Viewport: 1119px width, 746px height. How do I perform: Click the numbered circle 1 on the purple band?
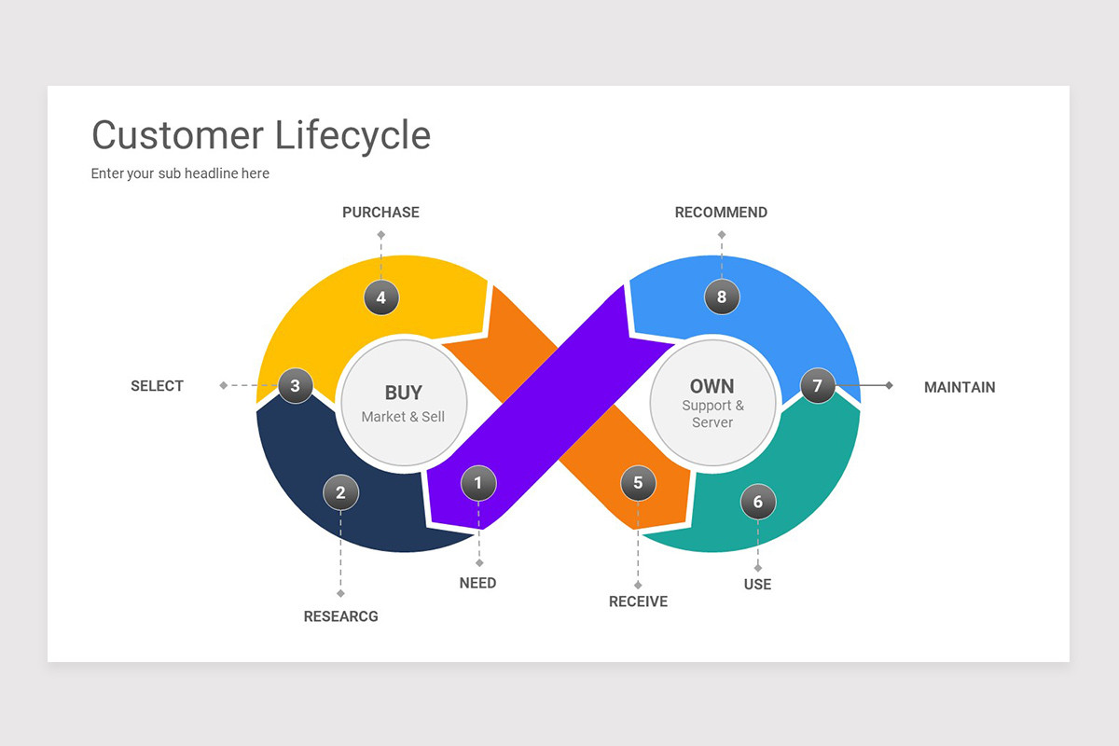click(x=478, y=483)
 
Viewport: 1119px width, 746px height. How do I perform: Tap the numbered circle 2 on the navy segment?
click(x=340, y=492)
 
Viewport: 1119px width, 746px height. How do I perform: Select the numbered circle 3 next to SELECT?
click(x=295, y=385)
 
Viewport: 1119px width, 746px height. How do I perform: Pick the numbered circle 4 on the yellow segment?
click(x=380, y=298)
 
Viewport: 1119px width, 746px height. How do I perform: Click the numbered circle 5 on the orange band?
click(x=638, y=483)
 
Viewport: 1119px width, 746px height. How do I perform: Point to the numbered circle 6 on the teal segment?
click(x=757, y=502)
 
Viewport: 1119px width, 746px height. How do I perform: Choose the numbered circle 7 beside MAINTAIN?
click(x=817, y=385)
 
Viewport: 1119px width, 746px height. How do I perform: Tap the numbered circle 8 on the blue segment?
click(x=721, y=297)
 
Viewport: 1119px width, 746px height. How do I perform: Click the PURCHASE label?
click(x=380, y=213)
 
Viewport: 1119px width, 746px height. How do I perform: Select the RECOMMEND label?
click(x=721, y=213)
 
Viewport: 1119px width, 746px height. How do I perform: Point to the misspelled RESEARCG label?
click(x=340, y=616)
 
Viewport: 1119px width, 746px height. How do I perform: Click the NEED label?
click(x=477, y=583)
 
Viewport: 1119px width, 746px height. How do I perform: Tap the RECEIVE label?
click(x=638, y=601)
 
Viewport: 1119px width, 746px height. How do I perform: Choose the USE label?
click(x=757, y=585)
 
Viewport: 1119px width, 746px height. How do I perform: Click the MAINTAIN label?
click(x=959, y=387)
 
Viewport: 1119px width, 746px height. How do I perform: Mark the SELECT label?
click(x=157, y=386)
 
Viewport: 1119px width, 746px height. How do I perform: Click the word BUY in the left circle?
click(x=403, y=393)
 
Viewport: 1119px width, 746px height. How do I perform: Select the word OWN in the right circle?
click(x=711, y=386)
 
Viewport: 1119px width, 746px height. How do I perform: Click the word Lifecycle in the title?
click(x=352, y=135)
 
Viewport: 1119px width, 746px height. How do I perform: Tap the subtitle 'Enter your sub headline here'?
click(x=180, y=173)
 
